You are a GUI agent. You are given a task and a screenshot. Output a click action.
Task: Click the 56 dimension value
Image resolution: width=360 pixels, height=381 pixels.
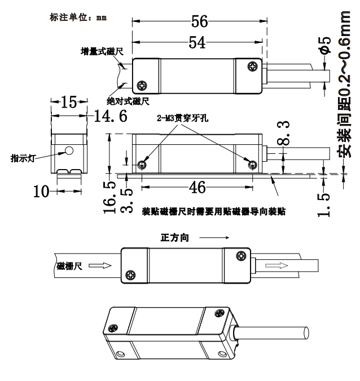click(x=199, y=22)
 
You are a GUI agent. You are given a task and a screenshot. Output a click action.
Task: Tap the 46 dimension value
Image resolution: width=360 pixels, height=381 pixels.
click(x=196, y=187)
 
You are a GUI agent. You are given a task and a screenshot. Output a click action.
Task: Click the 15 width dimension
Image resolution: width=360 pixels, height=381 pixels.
click(x=69, y=101)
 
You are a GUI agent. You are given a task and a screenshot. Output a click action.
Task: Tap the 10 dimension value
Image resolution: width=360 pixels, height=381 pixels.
click(x=41, y=192)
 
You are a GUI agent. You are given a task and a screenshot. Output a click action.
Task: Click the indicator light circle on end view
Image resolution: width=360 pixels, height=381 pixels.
click(x=69, y=151)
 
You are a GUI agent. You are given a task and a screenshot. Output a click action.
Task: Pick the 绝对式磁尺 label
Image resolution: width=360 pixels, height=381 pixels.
click(x=129, y=101)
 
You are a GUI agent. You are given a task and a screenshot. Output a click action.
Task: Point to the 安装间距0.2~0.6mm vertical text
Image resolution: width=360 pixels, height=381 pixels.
click(x=346, y=90)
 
